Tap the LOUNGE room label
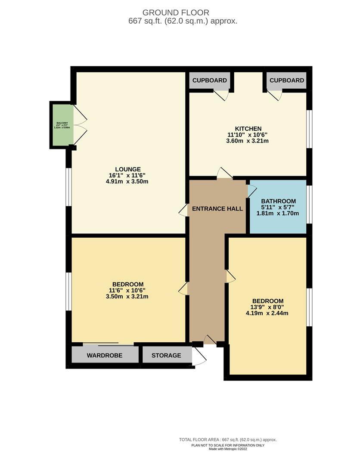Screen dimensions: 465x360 (x=128, y=169)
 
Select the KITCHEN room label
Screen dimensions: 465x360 (x=248, y=128)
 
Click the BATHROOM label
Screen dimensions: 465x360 (x=279, y=201)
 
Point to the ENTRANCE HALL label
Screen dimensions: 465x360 (x=217, y=209)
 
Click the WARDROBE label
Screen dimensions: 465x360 (x=105, y=356)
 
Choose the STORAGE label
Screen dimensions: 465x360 (x=167, y=356)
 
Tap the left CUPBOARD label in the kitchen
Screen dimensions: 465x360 (x=209, y=81)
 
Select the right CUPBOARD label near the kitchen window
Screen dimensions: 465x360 (x=287, y=81)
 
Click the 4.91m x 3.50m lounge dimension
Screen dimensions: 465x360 (x=128, y=182)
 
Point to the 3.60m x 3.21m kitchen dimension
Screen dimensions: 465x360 (x=248, y=141)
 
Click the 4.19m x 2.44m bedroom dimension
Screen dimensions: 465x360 (x=268, y=313)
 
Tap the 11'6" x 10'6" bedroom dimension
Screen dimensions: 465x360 (x=128, y=290)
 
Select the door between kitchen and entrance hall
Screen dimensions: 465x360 (x=224, y=173)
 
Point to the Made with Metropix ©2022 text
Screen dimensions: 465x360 (x=228, y=449)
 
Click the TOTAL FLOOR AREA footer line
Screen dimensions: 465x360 (x=228, y=440)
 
